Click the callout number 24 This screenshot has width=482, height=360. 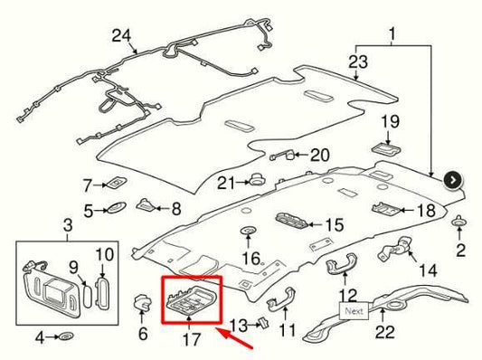(x=121, y=36)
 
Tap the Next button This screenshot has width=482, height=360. (x=354, y=311)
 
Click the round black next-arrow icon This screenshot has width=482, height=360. (x=453, y=181)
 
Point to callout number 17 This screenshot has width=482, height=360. (x=192, y=339)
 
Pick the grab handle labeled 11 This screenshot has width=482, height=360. (x=281, y=298)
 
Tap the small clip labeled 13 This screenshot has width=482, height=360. (x=263, y=324)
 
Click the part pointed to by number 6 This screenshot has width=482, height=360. (x=141, y=301)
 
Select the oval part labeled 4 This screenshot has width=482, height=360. (x=65, y=336)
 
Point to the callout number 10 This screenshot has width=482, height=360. (x=105, y=254)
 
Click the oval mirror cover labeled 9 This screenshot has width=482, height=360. (x=88, y=296)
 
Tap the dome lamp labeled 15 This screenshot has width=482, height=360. (x=291, y=222)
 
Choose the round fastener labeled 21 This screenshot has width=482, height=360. (x=256, y=180)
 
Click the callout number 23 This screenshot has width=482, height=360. (x=358, y=62)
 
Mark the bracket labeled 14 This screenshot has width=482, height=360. (x=394, y=249)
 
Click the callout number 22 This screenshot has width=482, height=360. (x=385, y=332)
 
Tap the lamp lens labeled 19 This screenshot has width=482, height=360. (x=386, y=149)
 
